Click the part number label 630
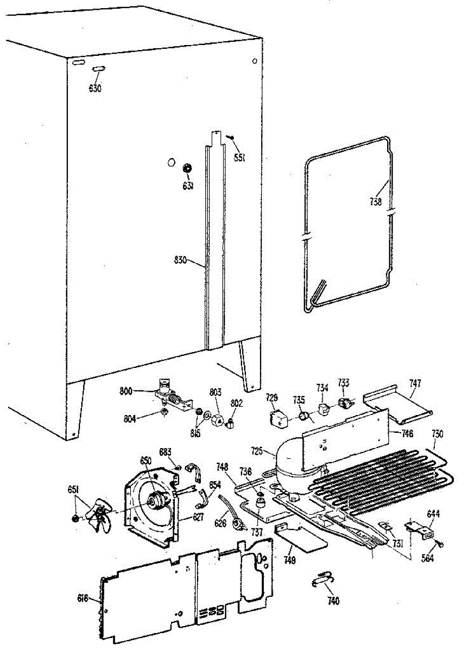coord(95,88)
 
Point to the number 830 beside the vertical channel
coord(180,260)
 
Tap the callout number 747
coord(415,383)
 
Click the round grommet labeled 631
coord(187,168)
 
